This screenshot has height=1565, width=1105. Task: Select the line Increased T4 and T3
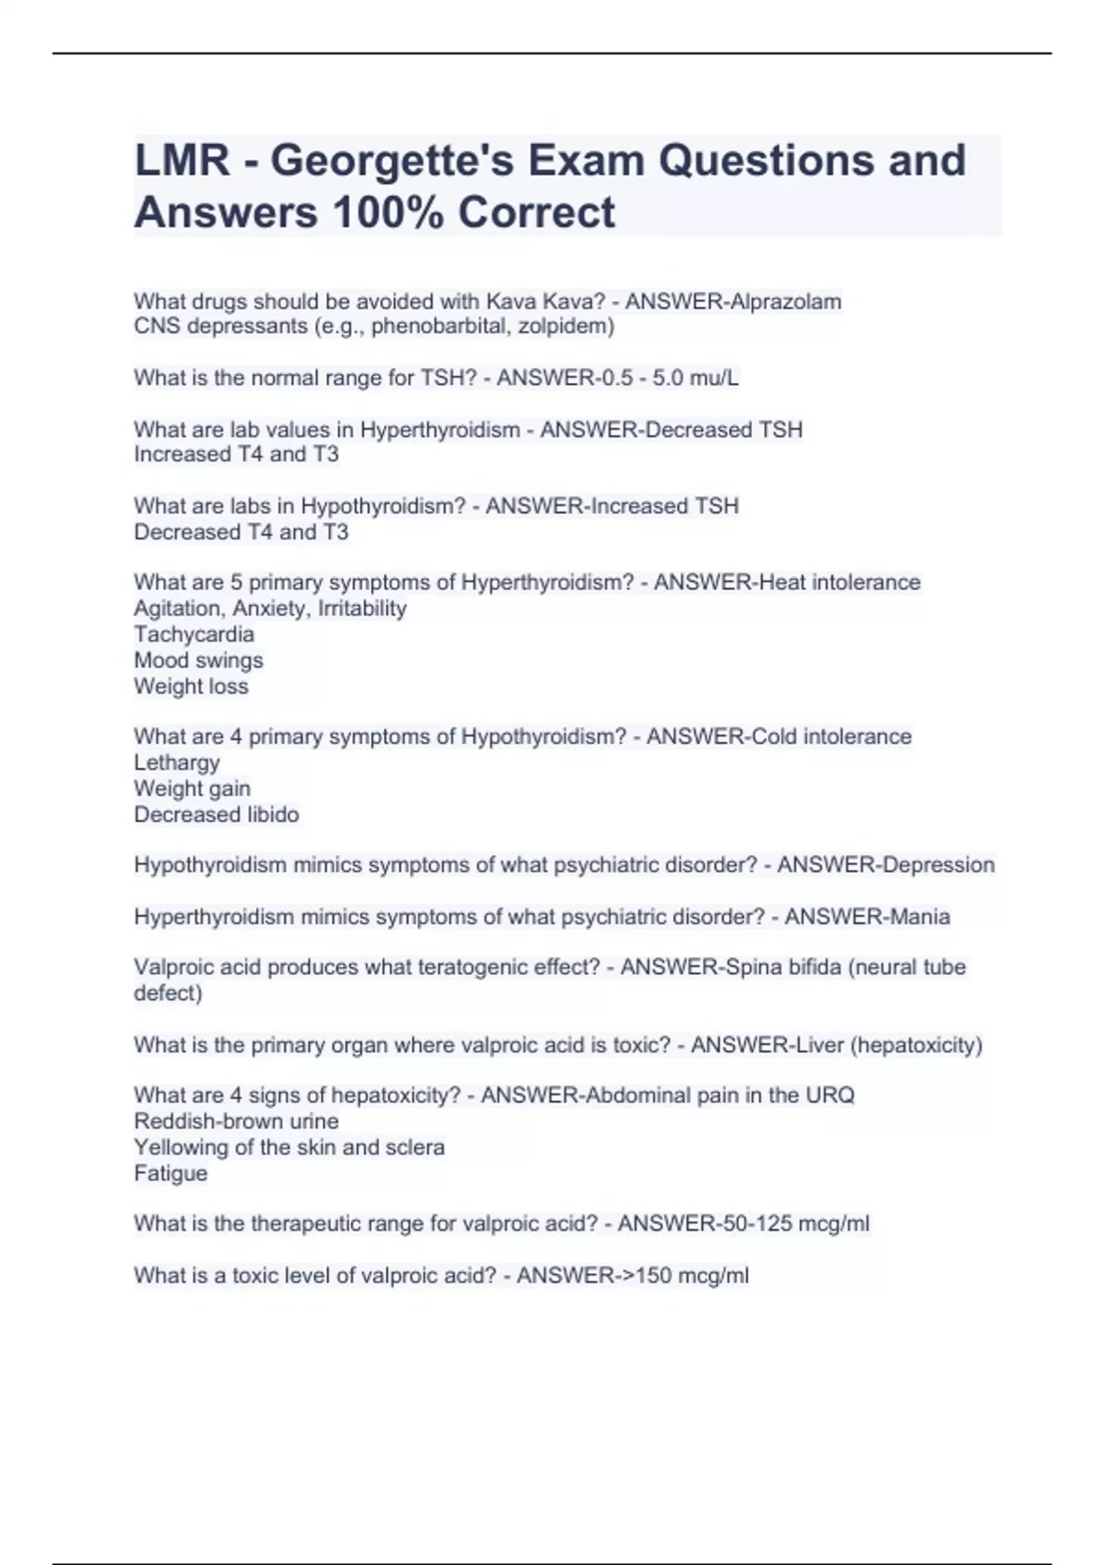(236, 454)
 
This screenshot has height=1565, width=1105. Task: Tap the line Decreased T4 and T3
(240, 532)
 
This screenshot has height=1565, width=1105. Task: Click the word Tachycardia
(193, 634)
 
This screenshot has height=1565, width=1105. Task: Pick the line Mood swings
(198, 660)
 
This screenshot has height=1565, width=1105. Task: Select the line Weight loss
(191, 686)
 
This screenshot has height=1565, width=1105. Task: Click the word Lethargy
(177, 762)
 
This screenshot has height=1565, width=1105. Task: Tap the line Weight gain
(192, 788)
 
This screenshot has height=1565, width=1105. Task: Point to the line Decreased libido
(216, 814)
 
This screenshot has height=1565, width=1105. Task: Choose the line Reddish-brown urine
(236, 1121)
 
